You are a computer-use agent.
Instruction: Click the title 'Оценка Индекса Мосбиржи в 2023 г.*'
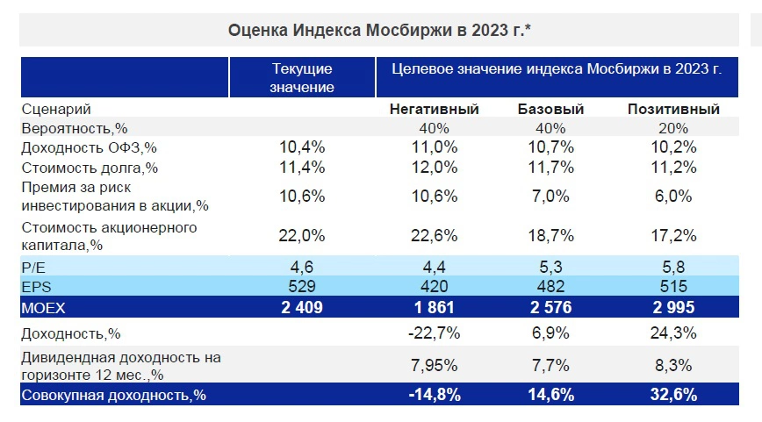380,31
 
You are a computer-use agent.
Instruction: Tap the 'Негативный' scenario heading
434,110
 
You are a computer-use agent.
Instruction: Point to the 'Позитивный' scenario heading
673,110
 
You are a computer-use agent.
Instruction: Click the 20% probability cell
673,127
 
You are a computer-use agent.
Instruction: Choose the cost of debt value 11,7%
552,167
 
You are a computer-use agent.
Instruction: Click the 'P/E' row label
34,267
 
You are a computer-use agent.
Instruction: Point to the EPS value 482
552,286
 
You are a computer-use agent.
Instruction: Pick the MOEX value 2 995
673,307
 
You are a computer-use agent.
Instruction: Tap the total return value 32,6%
673,395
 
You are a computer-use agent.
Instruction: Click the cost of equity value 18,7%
552,235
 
